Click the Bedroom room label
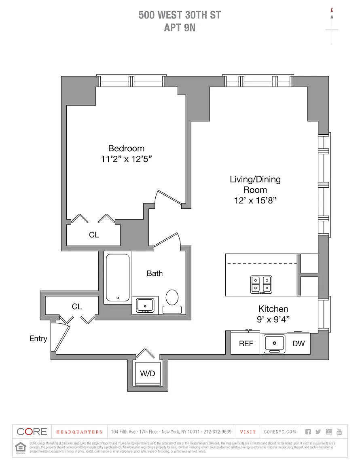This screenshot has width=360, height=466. tap(126, 148)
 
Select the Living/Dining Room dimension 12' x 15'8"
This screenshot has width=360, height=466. tap(255, 200)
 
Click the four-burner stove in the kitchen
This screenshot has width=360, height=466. tap(261, 284)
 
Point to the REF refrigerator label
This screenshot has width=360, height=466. tap(246, 344)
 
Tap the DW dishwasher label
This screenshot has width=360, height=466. tap(299, 344)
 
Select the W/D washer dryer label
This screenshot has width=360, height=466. tap(147, 373)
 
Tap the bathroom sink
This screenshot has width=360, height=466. tap(145, 305)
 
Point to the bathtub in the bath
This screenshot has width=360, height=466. tap(118, 277)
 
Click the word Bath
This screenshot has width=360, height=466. tap(155, 273)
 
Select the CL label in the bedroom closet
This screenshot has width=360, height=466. tap(94, 235)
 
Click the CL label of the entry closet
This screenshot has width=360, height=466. tap(77, 307)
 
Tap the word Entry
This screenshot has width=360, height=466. tap(38, 339)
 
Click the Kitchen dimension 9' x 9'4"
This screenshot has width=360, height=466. tap(273, 320)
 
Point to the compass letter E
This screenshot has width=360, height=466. tap(332, 9)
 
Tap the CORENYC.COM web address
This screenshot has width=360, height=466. tap(280, 432)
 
